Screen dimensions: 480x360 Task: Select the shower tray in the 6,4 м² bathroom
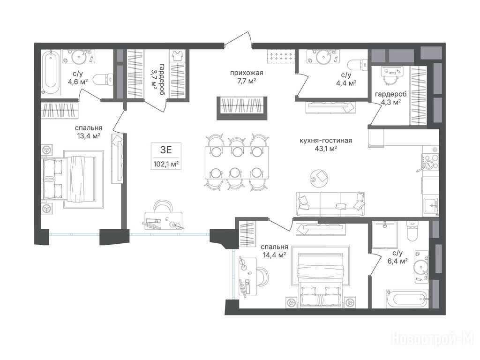(384, 235)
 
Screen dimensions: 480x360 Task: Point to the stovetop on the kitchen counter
(431, 161)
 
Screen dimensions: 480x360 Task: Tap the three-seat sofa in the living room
(330, 204)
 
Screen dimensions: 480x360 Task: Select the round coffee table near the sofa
(319, 177)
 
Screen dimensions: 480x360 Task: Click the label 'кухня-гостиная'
(326, 141)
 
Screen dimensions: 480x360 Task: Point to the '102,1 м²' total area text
(166, 164)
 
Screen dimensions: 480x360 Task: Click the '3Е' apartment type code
(166, 150)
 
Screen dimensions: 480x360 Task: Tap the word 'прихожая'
(247, 73)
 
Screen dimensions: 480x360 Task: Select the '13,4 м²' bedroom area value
(89, 135)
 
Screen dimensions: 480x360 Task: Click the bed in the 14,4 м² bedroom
(320, 276)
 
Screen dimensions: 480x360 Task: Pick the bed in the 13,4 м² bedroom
(72, 179)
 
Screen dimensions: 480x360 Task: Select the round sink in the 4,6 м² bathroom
(79, 57)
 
